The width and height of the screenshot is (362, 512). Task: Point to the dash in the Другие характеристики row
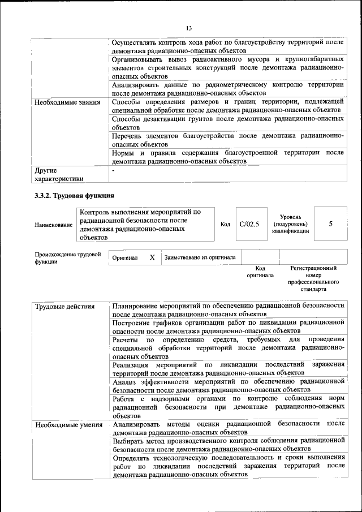pos(114,170)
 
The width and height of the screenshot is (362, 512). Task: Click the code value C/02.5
pos(249,224)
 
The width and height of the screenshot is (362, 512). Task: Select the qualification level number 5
pos(330,224)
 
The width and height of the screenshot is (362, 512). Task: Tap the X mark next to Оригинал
pos(152,257)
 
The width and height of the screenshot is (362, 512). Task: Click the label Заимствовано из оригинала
pos(200,257)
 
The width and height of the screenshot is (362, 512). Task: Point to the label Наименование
pos(54,225)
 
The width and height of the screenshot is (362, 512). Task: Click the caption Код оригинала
pos(260,272)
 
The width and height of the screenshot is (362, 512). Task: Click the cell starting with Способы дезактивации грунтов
pos(228,123)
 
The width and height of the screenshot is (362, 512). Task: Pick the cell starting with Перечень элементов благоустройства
pos(228,140)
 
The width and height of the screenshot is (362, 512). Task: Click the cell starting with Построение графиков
pos(228,326)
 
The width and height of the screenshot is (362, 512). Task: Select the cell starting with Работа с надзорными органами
pos(228,407)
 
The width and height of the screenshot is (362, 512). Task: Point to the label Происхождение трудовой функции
pos(67,258)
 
